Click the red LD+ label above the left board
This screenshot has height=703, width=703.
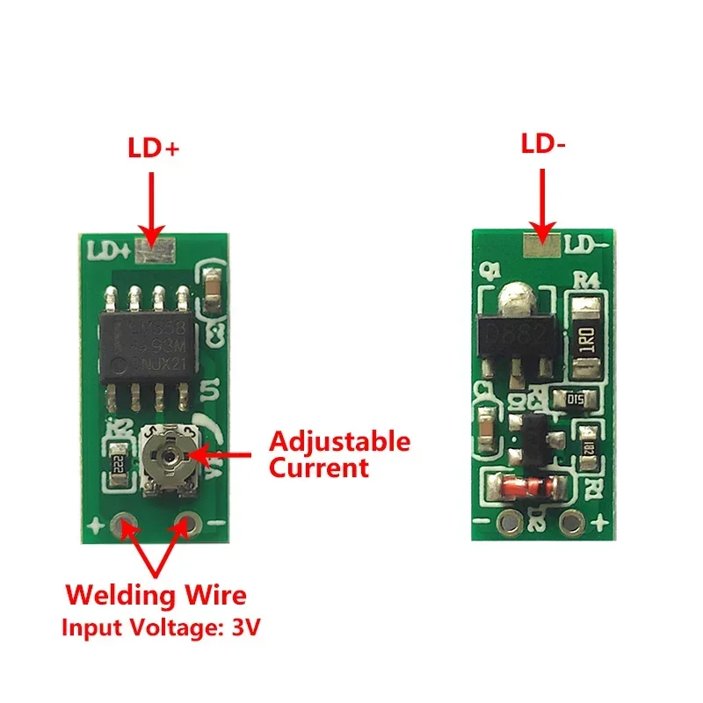[152, 149]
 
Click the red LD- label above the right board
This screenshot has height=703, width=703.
[542, 145]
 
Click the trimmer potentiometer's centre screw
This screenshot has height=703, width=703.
[165, 454]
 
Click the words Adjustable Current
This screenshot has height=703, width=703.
[338, 453]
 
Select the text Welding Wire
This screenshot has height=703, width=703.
[157, 596]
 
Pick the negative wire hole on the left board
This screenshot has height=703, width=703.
[187, 525]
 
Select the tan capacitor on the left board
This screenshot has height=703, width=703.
[212, 283]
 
